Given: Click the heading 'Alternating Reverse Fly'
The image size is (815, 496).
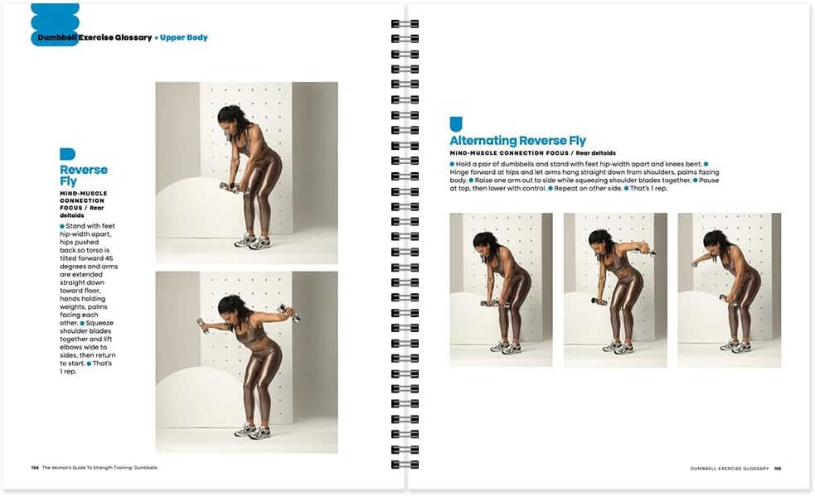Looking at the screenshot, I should pyautogui.click(x=517, y=141).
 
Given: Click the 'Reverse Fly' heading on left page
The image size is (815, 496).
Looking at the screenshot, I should pyautogui.click(x=83, y=175).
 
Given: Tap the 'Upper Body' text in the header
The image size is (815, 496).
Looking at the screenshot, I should pyautogui.click(x=183, y=37).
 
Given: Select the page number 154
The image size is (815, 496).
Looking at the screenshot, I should pyautogui.click(x=35, y=468).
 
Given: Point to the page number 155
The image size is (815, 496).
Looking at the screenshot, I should pyautogui.click(x=778, y=468).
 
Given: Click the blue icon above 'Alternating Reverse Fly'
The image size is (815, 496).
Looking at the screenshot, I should pyautogui.click(x=455, y=124).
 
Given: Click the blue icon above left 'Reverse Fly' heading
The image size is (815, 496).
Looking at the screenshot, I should pyautogui.click(x=67, y=154).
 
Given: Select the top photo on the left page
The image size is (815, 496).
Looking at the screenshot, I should pyautogui.click(x=246, y=172).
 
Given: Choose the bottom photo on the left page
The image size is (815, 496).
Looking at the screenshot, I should pyautogui.click(x=246, y=362).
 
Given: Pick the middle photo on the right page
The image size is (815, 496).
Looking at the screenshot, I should pyautogui.click(x=614, y=290).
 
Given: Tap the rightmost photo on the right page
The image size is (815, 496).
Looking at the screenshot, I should pyautogui.click(x=729, y=290).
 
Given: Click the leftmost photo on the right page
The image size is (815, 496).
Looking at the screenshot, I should pyautogui.click(x=501, y=290).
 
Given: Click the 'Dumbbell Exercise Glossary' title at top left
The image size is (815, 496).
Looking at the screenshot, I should pyautogui.click(x=95, y=37).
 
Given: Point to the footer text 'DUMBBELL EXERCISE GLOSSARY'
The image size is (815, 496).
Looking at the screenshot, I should pyautogui.click(x=729, y=468).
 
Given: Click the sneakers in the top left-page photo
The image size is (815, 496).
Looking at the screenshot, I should pyautogui.click(x=252, y=242).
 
